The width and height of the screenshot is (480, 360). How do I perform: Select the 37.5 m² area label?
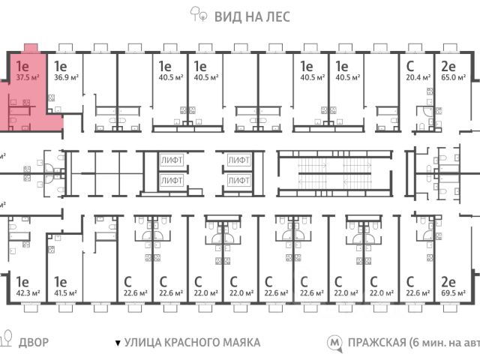click(28, 76)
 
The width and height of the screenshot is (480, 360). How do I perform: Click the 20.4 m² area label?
click(418, 76)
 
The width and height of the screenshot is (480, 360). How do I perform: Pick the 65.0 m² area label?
click(453, 76)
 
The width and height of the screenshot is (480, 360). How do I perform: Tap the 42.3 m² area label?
click(28, 293)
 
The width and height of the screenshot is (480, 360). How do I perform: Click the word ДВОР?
click(34, 342)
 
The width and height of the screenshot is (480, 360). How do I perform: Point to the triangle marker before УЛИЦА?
click(117, 343)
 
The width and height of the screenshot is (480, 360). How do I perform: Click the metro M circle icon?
click(334, 343)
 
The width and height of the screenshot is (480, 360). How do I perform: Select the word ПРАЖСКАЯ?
click(376, 342)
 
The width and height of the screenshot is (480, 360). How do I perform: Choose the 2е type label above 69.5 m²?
click(448, 282)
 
